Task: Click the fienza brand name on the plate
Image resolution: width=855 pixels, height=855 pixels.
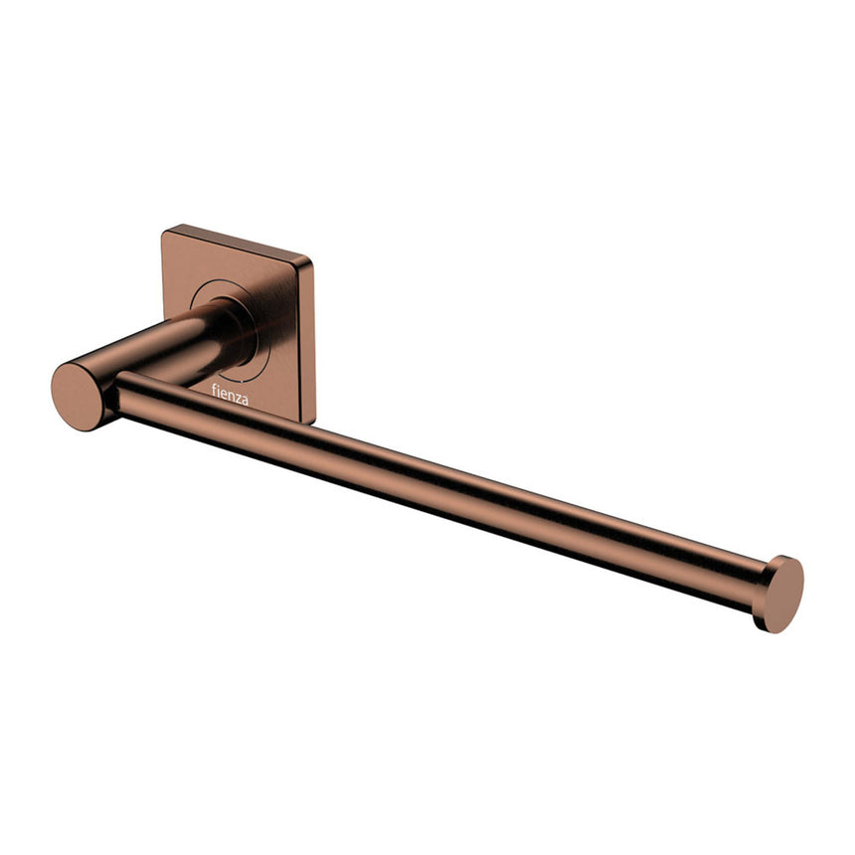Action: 230,395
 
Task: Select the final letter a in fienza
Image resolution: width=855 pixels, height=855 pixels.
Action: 246,400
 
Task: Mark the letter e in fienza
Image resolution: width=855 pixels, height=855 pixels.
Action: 225,394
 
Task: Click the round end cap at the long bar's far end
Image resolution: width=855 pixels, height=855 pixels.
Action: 783,594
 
